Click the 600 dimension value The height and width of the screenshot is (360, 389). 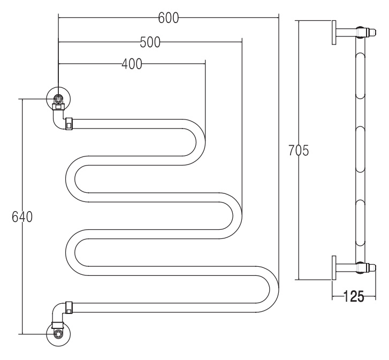169,18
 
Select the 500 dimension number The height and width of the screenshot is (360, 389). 150,42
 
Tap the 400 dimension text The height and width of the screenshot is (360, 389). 132,64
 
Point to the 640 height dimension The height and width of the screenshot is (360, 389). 22,217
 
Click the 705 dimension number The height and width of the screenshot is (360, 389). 299,151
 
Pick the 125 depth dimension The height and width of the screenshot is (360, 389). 354,296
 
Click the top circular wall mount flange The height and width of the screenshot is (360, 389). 58,99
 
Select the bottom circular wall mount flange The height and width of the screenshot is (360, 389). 58,334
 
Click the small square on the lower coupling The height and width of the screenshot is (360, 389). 68,311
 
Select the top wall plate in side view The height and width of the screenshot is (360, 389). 334,33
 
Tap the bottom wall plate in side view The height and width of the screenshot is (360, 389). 334,268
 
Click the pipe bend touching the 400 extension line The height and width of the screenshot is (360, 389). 201,142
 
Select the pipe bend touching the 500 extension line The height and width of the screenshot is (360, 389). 237,216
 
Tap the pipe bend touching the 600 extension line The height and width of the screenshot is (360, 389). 274,289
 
